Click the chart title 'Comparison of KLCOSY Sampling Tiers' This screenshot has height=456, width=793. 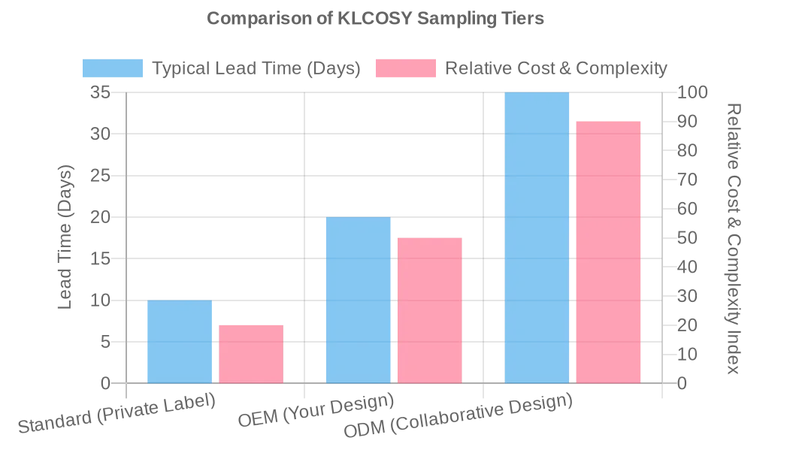pyautogui.click(x=375, y=19)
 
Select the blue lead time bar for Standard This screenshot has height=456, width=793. pyautogui.click(x=180, y=342)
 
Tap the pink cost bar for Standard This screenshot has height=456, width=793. pyautogui.click(x=251, y=354)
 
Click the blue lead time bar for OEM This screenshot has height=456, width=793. pyautogui.click(x=358, y=300)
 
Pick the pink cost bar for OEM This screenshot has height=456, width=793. pyautogui.click(x=429, y=310)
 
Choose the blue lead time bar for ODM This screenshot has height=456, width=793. pyautogui.click(x=537, y=237)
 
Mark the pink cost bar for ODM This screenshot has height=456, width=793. pyautogui.click(x=608, y=252)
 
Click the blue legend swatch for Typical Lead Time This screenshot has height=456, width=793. pyautogui.click(x=113, y=68)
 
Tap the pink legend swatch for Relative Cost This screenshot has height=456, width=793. pyautogui.click(x=406, y=68)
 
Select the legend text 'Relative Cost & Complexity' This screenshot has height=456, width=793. pyautogui.click(x=555, y=68)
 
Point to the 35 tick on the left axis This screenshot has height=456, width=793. pyautogui.click(x=100, y=92)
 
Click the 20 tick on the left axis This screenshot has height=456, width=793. pyautogui.click(x=100, y=217)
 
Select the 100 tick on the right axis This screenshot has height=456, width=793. pyautogui.click(x=692, y=92)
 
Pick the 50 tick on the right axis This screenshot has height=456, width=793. pyautogui.click(x=688, y=238)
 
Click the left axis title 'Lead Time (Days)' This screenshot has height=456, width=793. pyautogui.click(x=66, y=237)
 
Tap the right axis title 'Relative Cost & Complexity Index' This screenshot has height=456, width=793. pyautogui.click(x=733, y=238)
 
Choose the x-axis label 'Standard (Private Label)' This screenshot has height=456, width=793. pyautogui.click(x=117, y=413)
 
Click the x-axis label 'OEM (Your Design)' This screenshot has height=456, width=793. pyautogui.click(x=316, y=410)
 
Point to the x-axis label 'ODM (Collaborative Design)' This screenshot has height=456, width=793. pyautogui.click(x=458, y=416)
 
